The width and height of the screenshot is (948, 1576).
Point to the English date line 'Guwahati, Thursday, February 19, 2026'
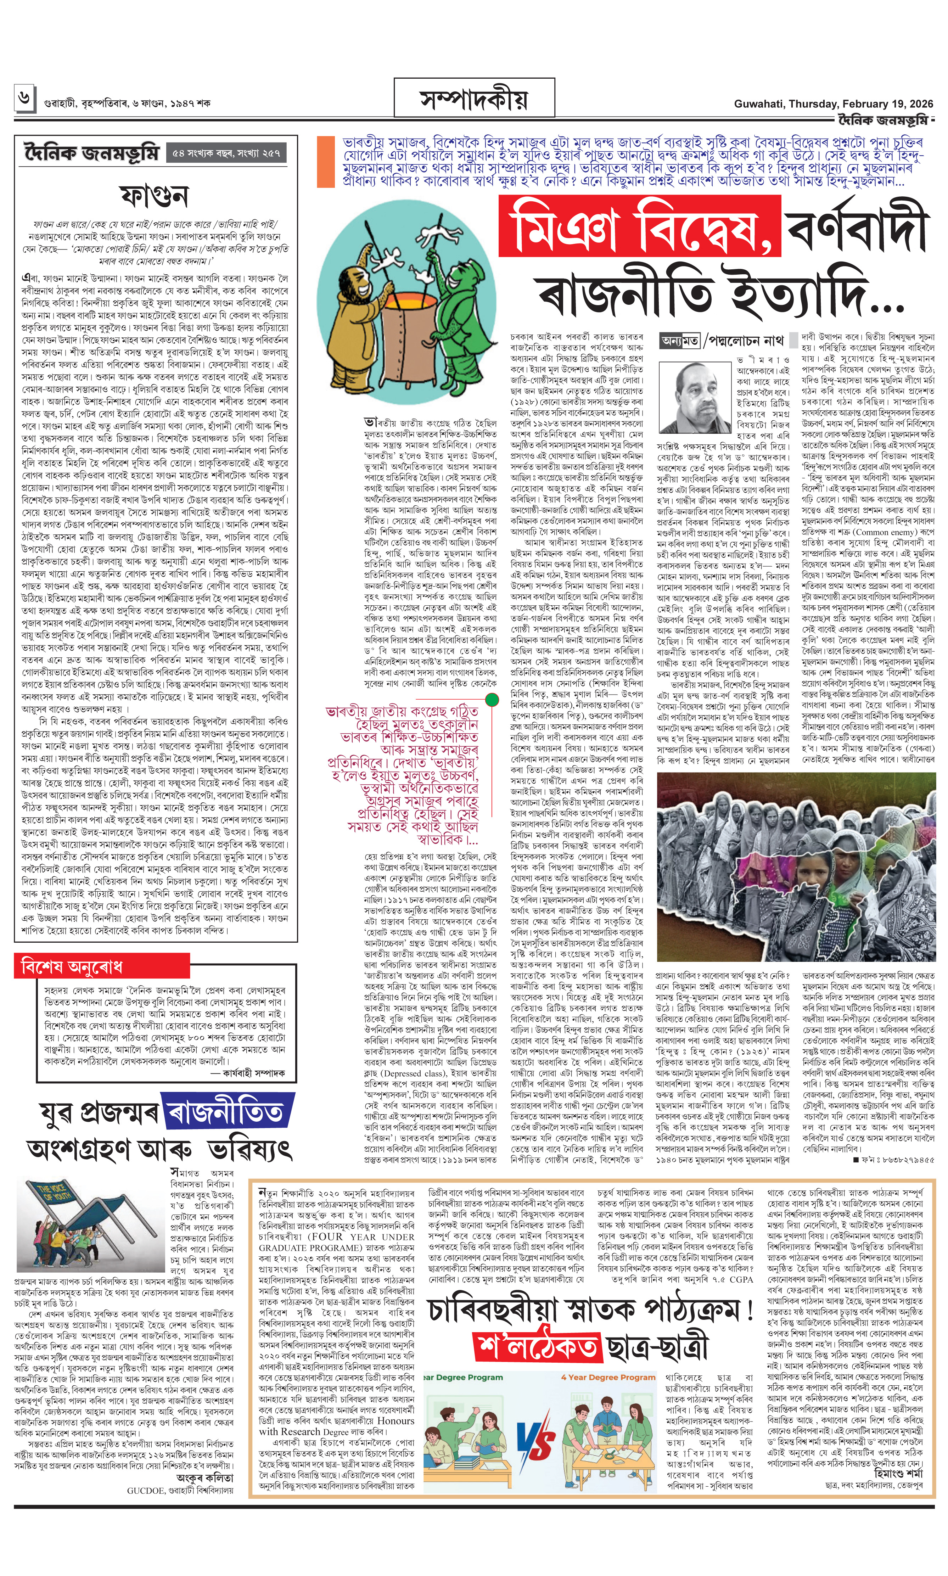pyautogui.click(x=833, y=103)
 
